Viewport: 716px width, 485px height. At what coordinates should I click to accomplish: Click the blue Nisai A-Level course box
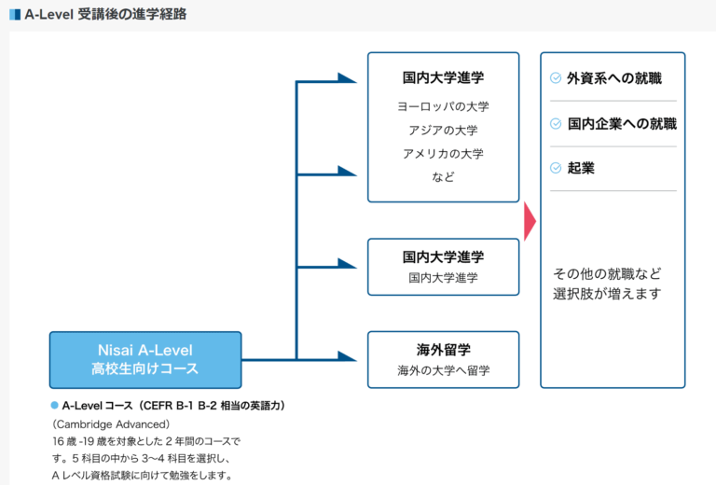145,359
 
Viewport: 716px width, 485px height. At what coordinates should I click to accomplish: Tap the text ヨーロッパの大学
443,106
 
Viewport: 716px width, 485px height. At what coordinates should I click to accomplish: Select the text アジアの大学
443,130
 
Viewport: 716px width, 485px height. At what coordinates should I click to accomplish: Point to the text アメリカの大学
443,153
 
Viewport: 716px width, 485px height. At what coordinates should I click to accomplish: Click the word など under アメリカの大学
443,176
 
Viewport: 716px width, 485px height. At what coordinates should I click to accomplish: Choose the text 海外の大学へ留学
443,371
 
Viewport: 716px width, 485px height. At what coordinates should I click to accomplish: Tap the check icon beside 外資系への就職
556,78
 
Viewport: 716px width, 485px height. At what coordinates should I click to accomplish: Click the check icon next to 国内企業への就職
556,123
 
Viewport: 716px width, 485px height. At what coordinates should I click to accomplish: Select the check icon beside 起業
556,168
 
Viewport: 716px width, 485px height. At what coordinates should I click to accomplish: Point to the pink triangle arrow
530,220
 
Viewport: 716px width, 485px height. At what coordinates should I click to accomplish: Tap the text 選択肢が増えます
606,295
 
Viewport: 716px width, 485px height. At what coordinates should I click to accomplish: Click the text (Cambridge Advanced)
111,423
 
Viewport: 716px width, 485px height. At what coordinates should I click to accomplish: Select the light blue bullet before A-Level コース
54,406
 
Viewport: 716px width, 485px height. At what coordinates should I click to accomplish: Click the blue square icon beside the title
14,14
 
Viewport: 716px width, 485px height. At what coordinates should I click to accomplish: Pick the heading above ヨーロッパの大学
443,77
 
